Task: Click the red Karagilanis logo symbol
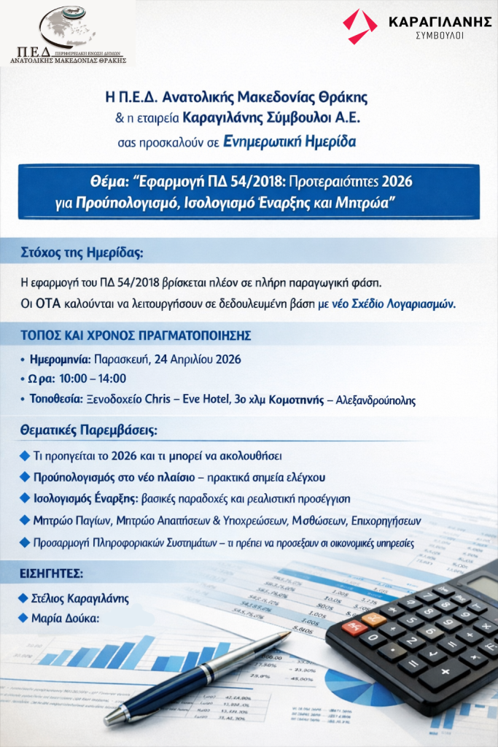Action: click(360, 26)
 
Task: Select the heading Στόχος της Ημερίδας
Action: click(82, 254)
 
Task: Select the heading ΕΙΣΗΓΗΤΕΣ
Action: click(52, 573)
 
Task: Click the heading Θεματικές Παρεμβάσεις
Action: click(88, 431)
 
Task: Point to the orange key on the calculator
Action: click(373, 619)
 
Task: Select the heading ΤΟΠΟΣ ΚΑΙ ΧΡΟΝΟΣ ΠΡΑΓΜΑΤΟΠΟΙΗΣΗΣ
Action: click(136, 336)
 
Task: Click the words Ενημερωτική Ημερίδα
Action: click(300, 142)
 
